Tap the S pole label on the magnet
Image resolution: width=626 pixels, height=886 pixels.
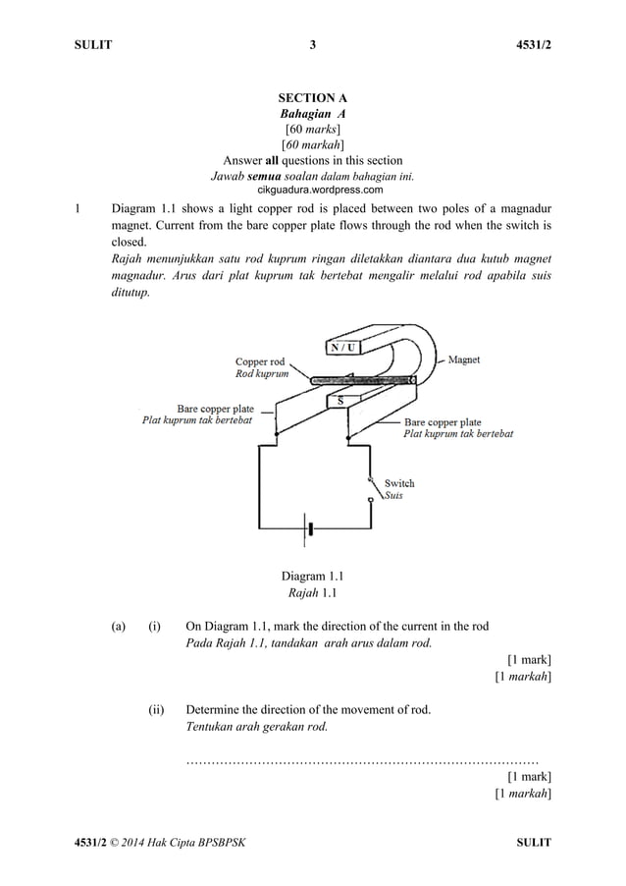click(339, 401)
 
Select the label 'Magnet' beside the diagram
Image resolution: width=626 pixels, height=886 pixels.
click(463, 360)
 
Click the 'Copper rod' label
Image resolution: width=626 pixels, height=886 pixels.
click(260, 361)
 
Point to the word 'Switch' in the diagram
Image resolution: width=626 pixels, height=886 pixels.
click(399, 483)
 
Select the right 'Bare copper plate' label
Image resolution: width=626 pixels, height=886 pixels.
click(443, 422)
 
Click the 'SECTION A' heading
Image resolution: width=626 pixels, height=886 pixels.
click(313, 98)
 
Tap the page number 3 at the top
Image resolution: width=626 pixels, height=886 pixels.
click(313, 44)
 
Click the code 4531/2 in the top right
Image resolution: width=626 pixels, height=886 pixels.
click(532, 44)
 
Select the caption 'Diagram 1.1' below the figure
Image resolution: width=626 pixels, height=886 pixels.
click(312, 576)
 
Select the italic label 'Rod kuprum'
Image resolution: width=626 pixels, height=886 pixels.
click(262, 374)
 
